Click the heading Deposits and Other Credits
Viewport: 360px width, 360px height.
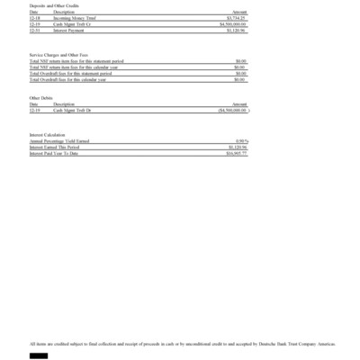pyautogui.click(x=50, y=6)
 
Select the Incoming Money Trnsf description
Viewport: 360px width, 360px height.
pyautogui.click(x=75, y=17)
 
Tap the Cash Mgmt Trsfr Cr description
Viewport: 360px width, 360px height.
pyautogui.click(x=72, y=23)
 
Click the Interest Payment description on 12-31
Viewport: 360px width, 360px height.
pyautogui.click(x=69, y=30)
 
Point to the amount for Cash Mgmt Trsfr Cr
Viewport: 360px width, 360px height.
pyautogui.click(x=233, y=23)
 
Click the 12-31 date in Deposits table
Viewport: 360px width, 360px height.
pyautogui.click(x=34, y=30)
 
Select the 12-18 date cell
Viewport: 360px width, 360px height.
pyautogui.click(x=34, y=17)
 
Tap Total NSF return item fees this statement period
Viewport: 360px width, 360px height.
pyautogui.click(x=76, y=61)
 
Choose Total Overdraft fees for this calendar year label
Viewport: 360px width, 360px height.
pyautogui.click(x=67, y=79)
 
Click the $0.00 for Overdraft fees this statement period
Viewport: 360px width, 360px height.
pyautogui.click(x=240, y=73)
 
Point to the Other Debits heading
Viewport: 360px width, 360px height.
pyautogui.click(x=41, y=97)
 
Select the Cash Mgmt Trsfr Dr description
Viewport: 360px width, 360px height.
pyautogui.click(x=72, y=110)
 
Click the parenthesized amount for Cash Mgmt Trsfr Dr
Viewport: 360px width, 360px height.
pyautogui.click(x=233, y=110)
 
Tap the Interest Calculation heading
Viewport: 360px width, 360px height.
pyautogui.click(x=48, y=135)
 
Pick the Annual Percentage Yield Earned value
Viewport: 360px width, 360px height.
pyautogui.click(x=241, y=141)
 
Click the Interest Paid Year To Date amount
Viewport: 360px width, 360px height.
pyautogui.click(x=237, y=154)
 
